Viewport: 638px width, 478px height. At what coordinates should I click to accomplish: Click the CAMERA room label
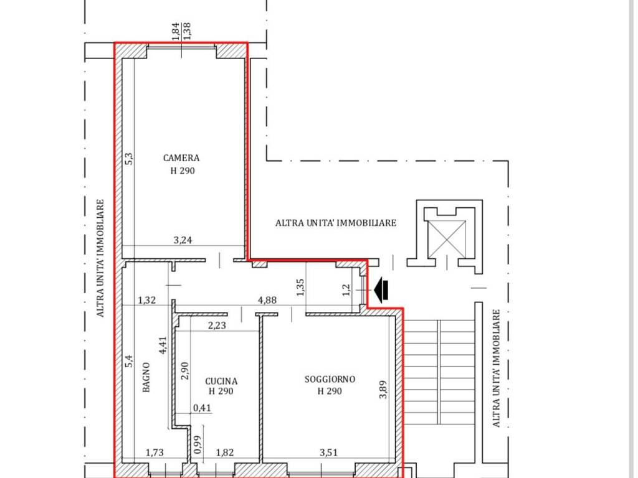(x=181, y=157)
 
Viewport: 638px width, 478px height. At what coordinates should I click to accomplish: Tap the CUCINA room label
(x=221, y=382)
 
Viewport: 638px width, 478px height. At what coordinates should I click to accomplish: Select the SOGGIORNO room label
(x=330, y=379)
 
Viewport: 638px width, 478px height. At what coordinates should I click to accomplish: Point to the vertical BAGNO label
(x=146, y=377)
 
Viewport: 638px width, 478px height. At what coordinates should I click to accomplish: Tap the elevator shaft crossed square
(x=447, y=239)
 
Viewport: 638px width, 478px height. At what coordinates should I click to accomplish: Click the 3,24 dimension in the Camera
(x=183, y=240)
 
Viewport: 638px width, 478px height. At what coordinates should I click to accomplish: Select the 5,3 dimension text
(x=128, y=159)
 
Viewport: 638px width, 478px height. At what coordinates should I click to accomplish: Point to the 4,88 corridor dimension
(x=267, y=300)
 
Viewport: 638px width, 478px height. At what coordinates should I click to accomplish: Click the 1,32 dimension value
(x=147, y=301)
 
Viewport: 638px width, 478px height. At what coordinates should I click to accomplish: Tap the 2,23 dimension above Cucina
(x=217, y=325)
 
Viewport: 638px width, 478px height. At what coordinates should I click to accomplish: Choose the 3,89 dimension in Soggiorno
(x=383, y=390)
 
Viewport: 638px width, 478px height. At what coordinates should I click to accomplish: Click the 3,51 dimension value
(x=328, y=452)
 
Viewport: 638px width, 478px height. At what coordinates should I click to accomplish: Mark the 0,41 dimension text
(x=202, y=407)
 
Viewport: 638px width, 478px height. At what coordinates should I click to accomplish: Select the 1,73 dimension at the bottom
(x=155, y=452)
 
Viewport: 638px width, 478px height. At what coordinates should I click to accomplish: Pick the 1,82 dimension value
(x=224, y=452)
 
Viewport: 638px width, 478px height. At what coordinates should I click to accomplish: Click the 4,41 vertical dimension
(x=163, y=345)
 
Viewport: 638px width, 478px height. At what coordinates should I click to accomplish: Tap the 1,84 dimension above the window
(x=175, y=31)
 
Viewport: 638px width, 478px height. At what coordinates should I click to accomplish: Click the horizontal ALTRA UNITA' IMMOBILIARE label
(x=336, y=223)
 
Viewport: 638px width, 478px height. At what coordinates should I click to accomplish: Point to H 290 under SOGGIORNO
(x=330, y=391)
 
